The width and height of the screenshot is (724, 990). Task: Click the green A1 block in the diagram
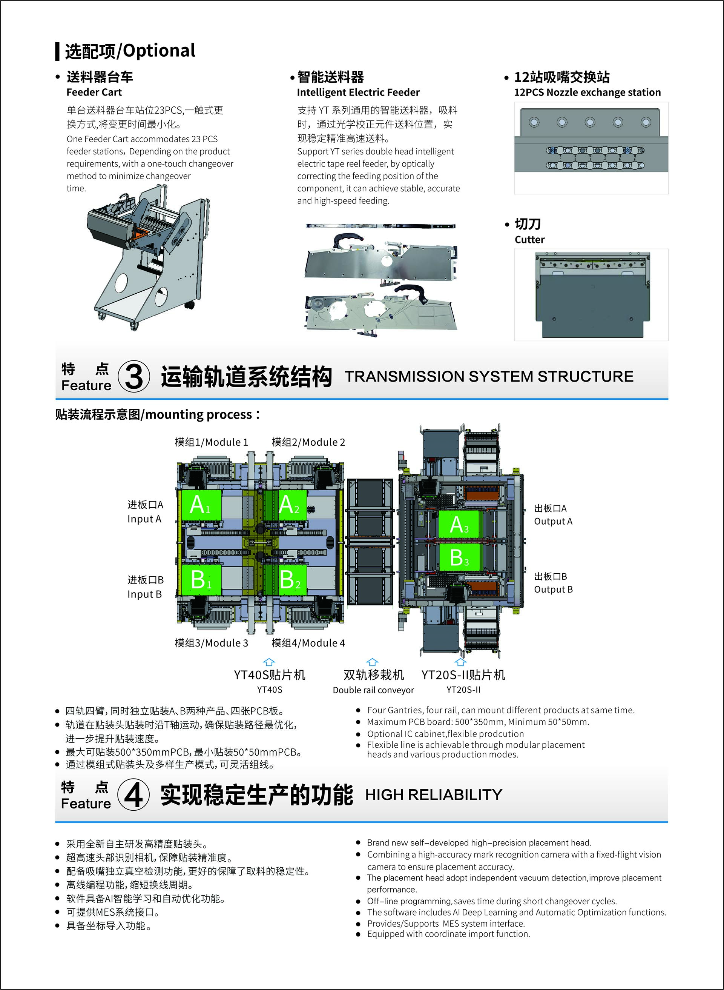tap(200, 505)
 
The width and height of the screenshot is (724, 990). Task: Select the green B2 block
tap(292, 580)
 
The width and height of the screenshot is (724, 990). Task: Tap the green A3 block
tap(459, 524)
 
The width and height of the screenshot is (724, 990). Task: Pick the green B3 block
tap(459, 557)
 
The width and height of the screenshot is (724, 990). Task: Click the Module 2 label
tap(308, 442)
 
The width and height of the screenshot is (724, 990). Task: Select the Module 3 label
tap(211, 643)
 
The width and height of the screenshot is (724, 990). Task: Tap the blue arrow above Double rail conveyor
tap(372, 662)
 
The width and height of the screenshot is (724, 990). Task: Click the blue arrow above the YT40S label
tap(269, 662)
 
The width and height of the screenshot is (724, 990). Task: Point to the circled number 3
tap(134, 376)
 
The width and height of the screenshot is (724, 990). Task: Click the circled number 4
tap(133, 794)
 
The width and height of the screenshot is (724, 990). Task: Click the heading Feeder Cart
tap(94, 92)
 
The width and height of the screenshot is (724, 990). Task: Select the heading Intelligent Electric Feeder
tap(358, 92)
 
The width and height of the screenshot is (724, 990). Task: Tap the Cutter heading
tap(529, 240)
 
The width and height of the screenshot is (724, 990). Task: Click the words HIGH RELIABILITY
tap(434, 795)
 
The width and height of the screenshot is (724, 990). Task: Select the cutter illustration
tap(592, 295)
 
